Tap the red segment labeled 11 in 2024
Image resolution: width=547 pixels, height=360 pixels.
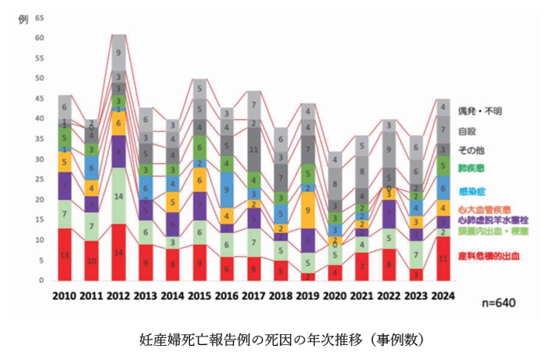443,258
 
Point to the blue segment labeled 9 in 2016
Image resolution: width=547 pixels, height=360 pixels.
227,189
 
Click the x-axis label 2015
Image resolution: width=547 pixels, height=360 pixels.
200,295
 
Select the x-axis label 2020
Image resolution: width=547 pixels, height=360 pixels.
335,295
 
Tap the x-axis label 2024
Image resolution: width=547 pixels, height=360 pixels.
443,295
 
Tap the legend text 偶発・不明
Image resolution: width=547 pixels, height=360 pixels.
480,112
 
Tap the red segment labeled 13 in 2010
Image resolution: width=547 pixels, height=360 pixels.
65,254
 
